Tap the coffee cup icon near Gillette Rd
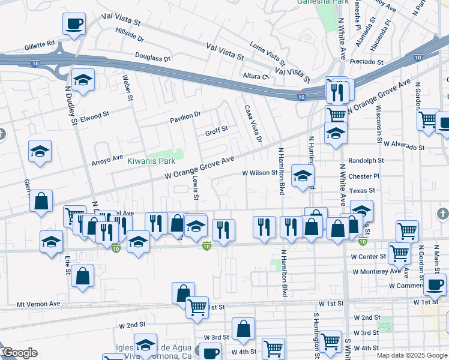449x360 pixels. click(x=74, y=25)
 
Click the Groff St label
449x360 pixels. click(x=217, y=129)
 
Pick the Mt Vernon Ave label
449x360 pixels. click(x=38, y=304)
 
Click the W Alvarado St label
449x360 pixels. click(x=404, y=146)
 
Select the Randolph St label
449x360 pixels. click(x=366, y=161)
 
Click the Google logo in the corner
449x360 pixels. click(x=19, y=353)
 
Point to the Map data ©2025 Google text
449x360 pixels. click(x=411, y=355)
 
